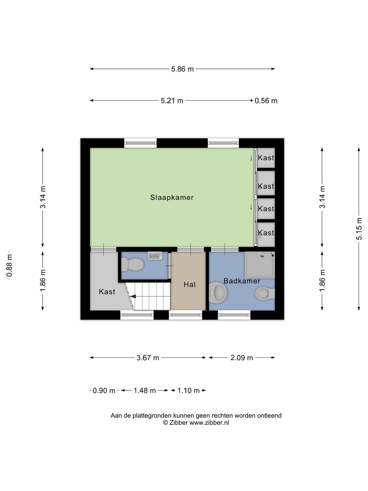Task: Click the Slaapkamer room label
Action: click(172, 197)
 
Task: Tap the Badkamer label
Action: click(242, 281)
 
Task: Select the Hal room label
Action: click(189, 284)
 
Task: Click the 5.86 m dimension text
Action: click(182, 69)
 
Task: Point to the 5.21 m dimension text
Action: click(172, 101)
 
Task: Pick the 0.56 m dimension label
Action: click(266, 101)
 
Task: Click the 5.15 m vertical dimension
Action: click(358, 228)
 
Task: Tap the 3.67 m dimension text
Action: click(148, 358)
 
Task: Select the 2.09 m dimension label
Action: click(242, 358)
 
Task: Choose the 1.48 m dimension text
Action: click(144, 390)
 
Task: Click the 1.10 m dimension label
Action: click(188, 390)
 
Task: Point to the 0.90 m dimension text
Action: click(104, 390)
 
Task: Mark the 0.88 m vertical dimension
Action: click(9, 266)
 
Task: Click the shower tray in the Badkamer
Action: click(260, 265)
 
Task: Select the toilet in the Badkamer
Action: click(265, 293)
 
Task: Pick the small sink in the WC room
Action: click(155, 255)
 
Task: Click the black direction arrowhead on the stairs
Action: click(133, 297)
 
